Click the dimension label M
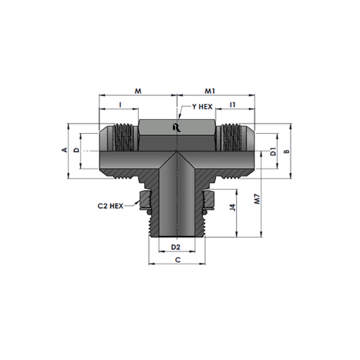138,91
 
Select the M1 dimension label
210,91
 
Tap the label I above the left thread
120,105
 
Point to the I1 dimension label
233,105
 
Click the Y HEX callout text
202,107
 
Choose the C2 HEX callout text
110,206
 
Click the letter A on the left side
65,150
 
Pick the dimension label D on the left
76,150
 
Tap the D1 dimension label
273,152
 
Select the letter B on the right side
287,151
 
